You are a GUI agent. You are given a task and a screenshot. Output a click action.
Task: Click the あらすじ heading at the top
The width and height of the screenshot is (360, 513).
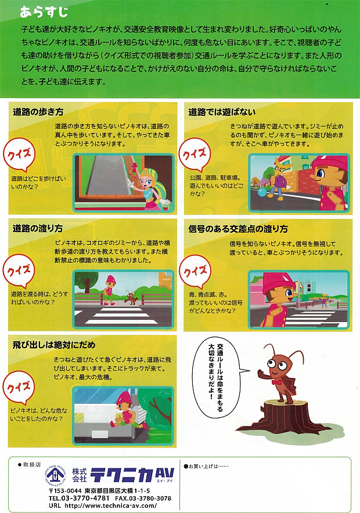click(x=44, y=12)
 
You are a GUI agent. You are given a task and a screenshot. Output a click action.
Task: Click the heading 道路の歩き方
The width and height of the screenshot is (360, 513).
click(x=38, y=112)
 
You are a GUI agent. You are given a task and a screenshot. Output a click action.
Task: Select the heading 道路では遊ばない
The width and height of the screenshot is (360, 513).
click(x=222, y=112)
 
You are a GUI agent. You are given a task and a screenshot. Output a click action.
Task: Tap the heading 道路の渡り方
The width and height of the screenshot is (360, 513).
click(x=38, y=228)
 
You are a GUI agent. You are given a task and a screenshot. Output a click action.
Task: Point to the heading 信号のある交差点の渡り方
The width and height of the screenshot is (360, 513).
click(x=238, y=229)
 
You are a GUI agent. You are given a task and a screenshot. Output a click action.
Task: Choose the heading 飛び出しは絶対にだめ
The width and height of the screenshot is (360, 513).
click(x=54, y=345)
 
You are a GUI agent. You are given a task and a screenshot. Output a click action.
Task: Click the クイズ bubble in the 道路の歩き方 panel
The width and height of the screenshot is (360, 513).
click(x=19, y=155)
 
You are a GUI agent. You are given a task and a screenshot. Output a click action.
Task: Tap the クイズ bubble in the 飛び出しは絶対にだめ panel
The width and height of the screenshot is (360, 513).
click(x=19, y=388)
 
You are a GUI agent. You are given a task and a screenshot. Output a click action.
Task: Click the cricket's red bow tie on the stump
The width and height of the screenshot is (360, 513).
click(x=277, y=381)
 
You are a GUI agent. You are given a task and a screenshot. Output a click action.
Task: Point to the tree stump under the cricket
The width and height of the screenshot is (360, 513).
click(x=285, y=415)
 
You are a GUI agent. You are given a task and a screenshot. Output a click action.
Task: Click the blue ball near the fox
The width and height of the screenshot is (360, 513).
click(x=263, y=192)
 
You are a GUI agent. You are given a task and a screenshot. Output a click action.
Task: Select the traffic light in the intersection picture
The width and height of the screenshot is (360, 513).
click(x=308, y=288)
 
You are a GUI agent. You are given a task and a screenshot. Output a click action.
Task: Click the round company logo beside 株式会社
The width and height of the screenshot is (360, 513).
click(x=55, y=476)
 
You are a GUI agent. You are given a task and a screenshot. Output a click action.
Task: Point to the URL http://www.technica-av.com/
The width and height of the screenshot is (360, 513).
click(x=111, y=505)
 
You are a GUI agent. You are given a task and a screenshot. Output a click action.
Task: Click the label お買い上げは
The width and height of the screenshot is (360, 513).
click(x=203, y=466)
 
